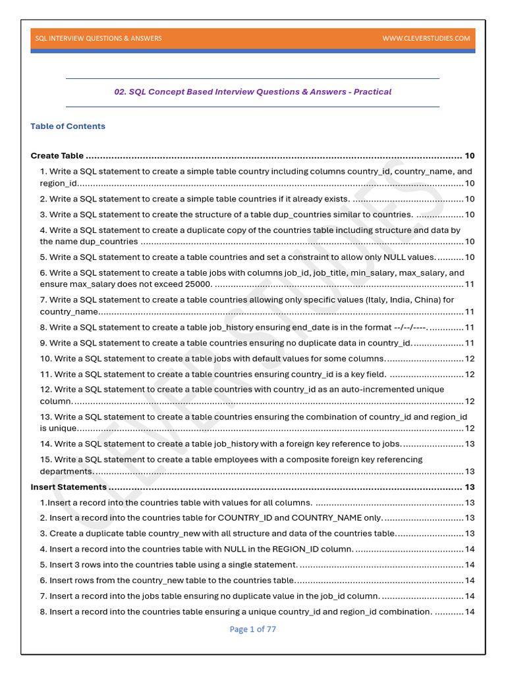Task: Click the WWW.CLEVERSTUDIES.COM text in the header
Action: (426, 38)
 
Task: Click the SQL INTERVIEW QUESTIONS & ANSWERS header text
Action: (98, 38)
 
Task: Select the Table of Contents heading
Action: (68, 126)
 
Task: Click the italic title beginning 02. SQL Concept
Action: (252, 92)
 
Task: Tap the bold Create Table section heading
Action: (57, 156)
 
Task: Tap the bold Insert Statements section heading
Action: (69, 487)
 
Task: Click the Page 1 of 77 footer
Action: (252, 629)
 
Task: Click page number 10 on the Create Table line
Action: (470, 156)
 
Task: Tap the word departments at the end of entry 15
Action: (66, 471)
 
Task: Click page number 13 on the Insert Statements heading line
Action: (470, 487)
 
